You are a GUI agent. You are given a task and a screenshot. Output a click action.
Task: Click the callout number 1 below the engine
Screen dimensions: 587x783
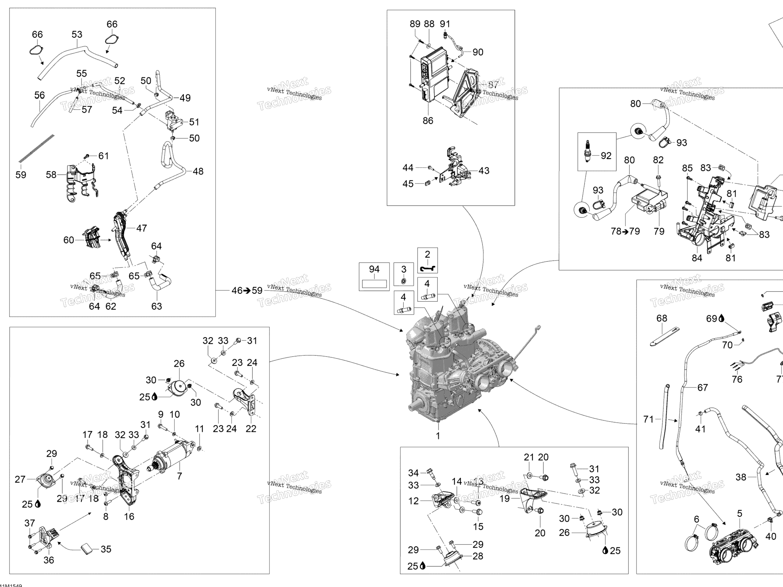(438, 436)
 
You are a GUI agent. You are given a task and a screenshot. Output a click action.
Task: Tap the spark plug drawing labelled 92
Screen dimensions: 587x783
(588, 152)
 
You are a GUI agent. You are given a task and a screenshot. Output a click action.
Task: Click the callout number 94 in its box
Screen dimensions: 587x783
(374, 269)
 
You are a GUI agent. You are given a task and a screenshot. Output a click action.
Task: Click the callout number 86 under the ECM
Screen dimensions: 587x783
(428, 121)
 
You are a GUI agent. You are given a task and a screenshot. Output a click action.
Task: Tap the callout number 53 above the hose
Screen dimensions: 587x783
(77, 34)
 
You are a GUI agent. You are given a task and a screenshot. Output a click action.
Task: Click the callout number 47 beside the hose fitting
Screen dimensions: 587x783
(141, 228)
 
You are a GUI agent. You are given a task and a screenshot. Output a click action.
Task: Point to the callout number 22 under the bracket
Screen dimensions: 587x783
(251, 429)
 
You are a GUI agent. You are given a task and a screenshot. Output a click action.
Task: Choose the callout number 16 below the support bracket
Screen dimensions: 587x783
(129, 517)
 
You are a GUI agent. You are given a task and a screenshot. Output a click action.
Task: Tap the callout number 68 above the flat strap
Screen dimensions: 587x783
(661, 318)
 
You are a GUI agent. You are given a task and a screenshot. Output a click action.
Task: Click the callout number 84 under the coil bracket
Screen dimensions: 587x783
(697, 258)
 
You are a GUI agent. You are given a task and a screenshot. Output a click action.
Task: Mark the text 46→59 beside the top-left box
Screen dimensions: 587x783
(247, 291)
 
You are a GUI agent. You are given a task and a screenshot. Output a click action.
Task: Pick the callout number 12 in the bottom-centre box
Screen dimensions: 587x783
(414, 501)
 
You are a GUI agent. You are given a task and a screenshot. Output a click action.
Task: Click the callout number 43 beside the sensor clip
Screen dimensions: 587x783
(484, 171)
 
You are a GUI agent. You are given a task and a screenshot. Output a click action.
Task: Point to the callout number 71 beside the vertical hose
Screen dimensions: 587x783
(648, 420)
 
